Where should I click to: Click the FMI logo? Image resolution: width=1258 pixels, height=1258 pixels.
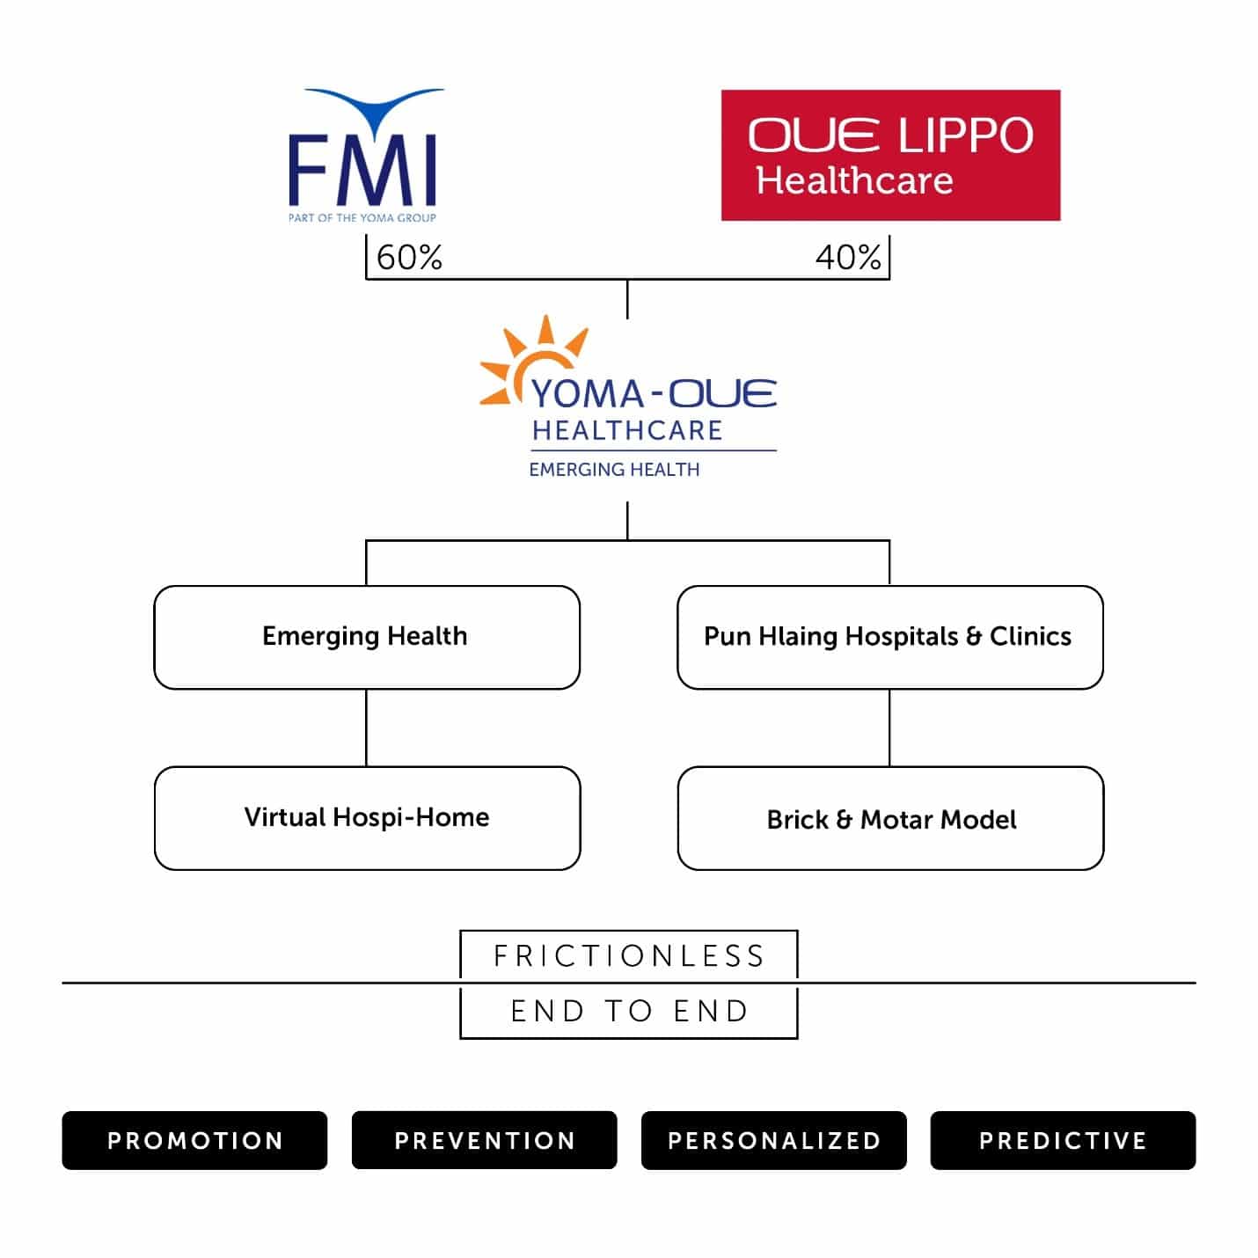[x=364, y=156]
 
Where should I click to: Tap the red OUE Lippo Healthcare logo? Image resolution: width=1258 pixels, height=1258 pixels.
[x=890, y=156]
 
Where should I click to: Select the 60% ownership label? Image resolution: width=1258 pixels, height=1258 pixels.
[x=409, y=257]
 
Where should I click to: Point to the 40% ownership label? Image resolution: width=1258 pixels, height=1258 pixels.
[x=848, y=257]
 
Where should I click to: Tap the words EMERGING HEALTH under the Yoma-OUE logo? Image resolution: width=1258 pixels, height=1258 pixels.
[x=614, y=470]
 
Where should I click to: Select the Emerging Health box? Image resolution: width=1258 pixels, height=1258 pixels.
[x=367, y=637]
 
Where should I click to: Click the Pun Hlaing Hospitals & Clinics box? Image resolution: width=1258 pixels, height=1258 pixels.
[x=889, y=637]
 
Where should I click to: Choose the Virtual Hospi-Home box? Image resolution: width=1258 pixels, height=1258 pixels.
[x=367, y=818]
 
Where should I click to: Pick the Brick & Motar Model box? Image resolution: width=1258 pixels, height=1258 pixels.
[x=890, y=818]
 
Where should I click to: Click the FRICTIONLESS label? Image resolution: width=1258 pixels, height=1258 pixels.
[x=629, y=955]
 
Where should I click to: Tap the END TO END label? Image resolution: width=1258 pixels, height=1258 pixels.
[x=629, y=1011]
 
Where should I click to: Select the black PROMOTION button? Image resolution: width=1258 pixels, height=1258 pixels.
[x=194, y=1140]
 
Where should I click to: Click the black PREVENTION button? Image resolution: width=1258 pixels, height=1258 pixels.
[x=484, y=1140]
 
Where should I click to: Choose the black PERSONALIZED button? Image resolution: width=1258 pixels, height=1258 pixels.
[x=773, y=1140]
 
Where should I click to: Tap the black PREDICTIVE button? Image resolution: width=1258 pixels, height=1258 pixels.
[x=1063, y=1140]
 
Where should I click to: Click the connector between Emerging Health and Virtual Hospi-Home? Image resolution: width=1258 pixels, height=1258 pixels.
[x=366, y=728]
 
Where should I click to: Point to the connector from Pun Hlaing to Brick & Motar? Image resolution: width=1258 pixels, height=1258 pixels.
[x=889, y=728]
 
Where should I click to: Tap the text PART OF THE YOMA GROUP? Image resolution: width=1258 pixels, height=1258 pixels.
[x=362, y=218]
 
